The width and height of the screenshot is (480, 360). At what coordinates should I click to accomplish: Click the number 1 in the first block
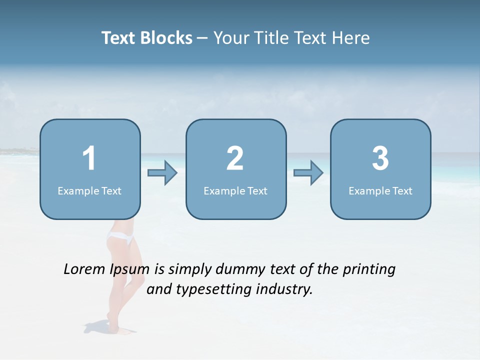pyautogui.click(x=89, y=158)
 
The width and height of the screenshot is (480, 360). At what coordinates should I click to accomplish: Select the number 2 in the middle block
pyautogui.click(x=235, y=158)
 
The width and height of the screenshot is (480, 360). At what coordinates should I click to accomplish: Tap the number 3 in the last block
pyautogui.click(x=380, y=158)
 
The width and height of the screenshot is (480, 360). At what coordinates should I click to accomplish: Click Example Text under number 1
pyautogui.click(x=89, y=191)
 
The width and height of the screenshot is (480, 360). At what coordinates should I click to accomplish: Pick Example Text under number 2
pyautogui.click(x=235, y=191)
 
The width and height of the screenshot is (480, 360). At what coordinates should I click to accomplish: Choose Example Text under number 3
pyautogui.click(x=380, y=191)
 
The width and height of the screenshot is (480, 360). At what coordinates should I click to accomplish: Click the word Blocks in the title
pyautogui.click(x=166, y=38)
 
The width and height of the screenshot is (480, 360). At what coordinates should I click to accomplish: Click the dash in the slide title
pyautogui.click(x=203, y=38)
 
